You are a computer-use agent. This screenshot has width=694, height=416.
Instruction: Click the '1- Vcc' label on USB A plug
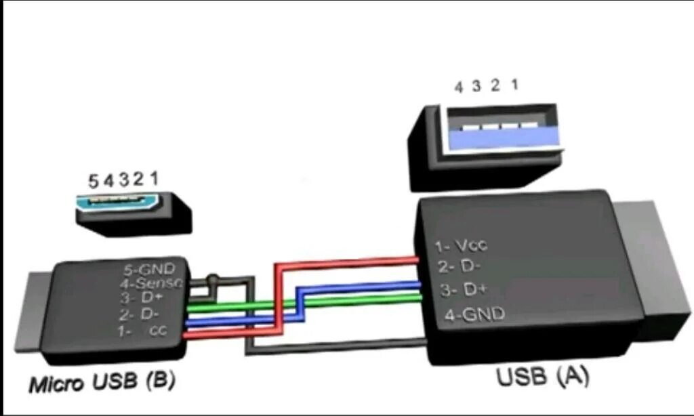click(462, 246)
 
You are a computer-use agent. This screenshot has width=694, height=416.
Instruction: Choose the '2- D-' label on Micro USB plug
click(139, 315)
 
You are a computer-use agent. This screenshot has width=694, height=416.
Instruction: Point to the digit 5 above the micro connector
click(94, 182)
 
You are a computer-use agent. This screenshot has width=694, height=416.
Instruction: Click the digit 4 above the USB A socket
click(459, 87)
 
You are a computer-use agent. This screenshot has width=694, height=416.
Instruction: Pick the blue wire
click(359, 287)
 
